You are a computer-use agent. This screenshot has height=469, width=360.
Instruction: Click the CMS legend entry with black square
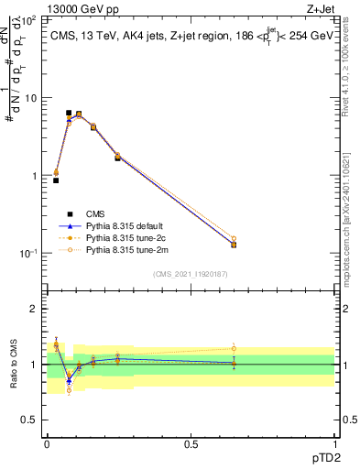(x=108, y=213)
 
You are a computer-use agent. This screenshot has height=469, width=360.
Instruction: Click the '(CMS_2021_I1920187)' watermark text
(x=190, y=273)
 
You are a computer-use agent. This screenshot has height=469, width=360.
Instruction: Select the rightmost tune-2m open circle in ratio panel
(x=234, y=348)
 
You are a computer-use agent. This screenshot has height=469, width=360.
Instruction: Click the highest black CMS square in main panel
(x=69, y=113)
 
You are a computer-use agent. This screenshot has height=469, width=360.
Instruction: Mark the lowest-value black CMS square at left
(x=56, y=180)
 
